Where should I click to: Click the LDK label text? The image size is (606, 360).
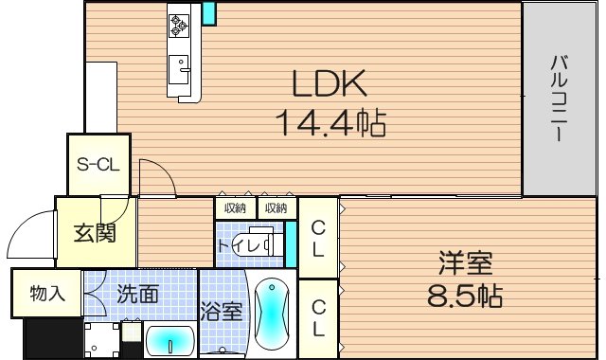[x=328, y=86]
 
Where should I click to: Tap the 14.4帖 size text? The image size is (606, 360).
[x=330, y=123]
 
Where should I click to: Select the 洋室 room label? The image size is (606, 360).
[x=465, y=261]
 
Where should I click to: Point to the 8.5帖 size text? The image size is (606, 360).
[x=464, y=295]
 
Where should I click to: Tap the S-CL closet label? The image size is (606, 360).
[x=97, y=164]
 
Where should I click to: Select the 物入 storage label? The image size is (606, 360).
[x=46, y=294]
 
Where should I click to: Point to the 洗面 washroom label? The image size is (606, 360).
[x=137, y=294]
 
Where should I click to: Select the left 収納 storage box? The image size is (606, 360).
[x=235, y=207]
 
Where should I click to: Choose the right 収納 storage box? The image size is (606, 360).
[x=276, y=207]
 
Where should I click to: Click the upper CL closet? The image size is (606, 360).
[x=319, y=238]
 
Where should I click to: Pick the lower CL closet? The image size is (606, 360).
[x=319, y=317]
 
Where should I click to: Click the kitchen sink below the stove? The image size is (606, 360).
[x=179, y=68]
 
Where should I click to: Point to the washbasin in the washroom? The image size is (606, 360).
[x=170, y=339]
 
